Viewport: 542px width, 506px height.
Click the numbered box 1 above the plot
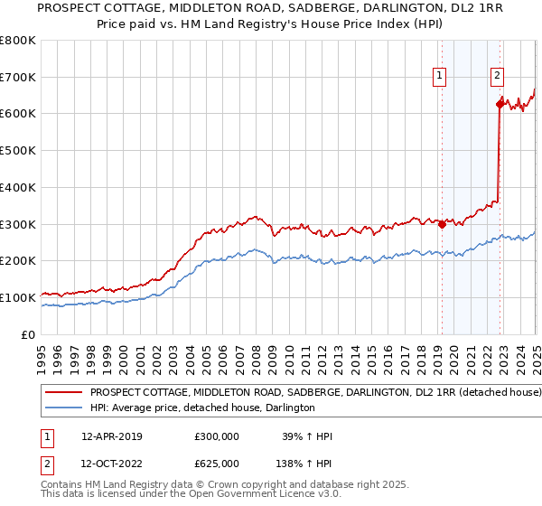tap(440, 77)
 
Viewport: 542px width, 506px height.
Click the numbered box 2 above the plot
tap(498, 77)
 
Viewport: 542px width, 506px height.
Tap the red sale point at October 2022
tap(500, 104)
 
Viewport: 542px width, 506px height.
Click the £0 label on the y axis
tap(29, 334)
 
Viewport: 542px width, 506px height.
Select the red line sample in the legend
tap(65, 393)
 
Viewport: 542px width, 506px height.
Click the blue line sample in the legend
tap(65, 408)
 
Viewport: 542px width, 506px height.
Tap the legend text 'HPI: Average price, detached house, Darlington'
tap(202, 408)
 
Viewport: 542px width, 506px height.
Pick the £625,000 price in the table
tap(217, 463)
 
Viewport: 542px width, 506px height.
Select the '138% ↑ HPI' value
tap(304, 463)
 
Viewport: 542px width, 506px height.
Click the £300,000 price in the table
tap(217, 436)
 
